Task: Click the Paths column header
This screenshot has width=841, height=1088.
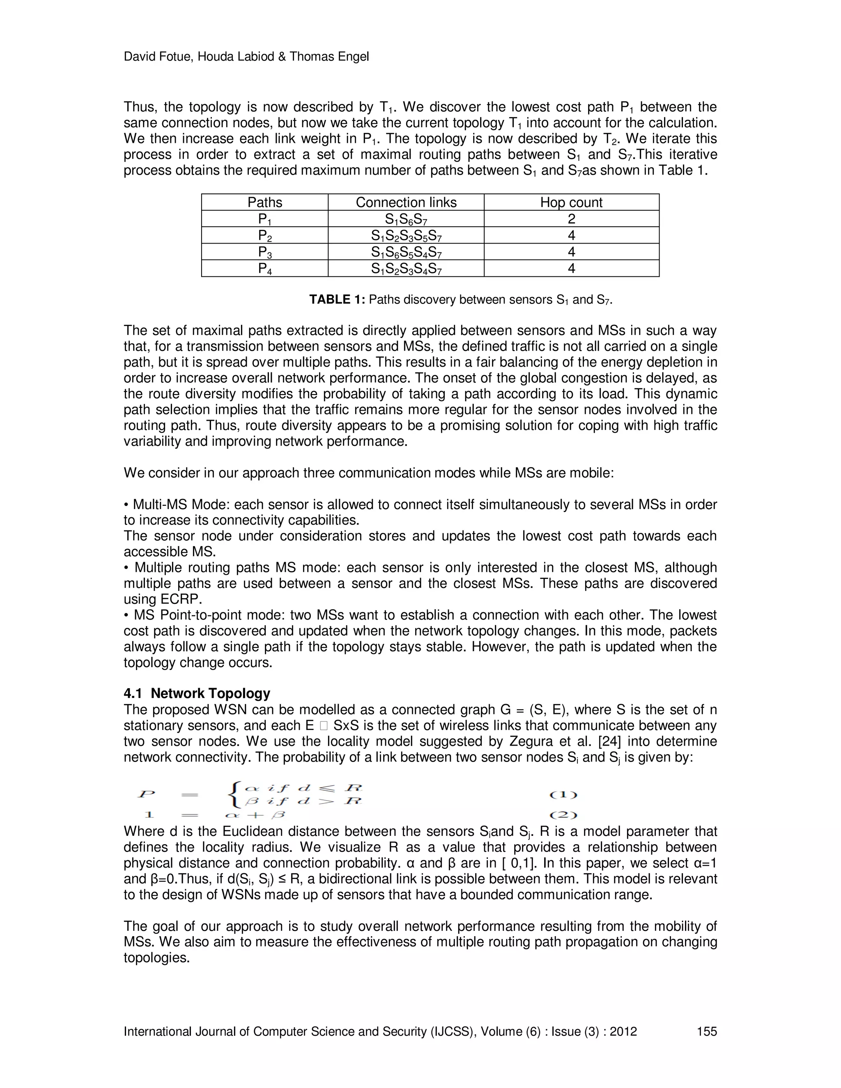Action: [x=264, y=202]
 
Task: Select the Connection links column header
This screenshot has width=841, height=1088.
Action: [x=406, y=202]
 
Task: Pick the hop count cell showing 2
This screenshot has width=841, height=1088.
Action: [x=572, y=219]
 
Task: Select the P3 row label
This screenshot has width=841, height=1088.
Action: [x=264, y=252]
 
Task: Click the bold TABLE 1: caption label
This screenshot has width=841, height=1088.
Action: [x=337, y=299]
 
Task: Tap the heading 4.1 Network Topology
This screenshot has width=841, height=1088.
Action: [x=197, y=693]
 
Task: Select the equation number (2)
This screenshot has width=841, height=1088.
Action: [x=563, y=815]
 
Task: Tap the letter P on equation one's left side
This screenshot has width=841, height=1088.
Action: [x=146, y=794]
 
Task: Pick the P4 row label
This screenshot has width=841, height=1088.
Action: [x=264, y=269]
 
